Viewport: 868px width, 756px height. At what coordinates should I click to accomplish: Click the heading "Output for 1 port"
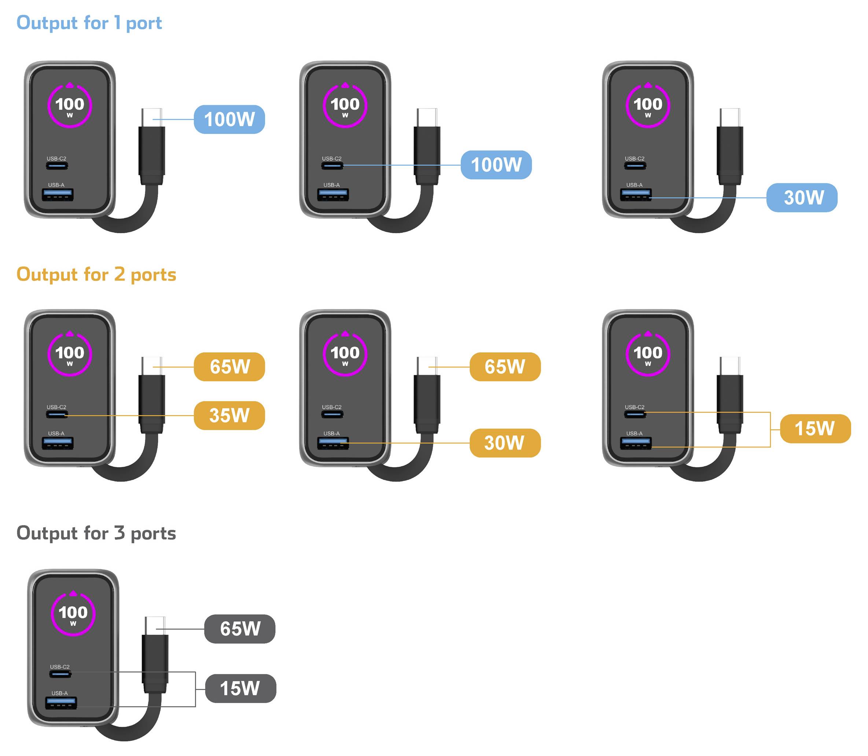pyautogui.click(x=89, y=23)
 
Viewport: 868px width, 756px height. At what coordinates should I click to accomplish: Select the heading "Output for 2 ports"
pyautogui.click(x=96, y=275)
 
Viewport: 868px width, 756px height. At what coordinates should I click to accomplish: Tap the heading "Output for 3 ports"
pyautogui.click(x=96, y=533)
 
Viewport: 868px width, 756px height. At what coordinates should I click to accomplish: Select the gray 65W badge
pyautogui.click(x=240, y=630)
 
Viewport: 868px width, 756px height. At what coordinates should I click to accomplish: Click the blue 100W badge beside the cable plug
pyautogui.click(x=230, y=120)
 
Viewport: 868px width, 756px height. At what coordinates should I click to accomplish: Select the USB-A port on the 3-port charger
pyautogui.click(x=61, y=703)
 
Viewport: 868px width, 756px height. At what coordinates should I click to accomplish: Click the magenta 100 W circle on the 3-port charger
pyautogui.click(x=73, y=614)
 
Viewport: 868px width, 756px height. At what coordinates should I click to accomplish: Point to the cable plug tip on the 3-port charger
pyautogui.click(x=155, y=625)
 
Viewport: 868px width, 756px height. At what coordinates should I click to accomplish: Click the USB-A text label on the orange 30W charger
pyautogui.click(x=332, y=434)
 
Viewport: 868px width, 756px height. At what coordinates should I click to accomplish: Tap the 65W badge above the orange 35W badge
pyautogui.click(x=230, y=367)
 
